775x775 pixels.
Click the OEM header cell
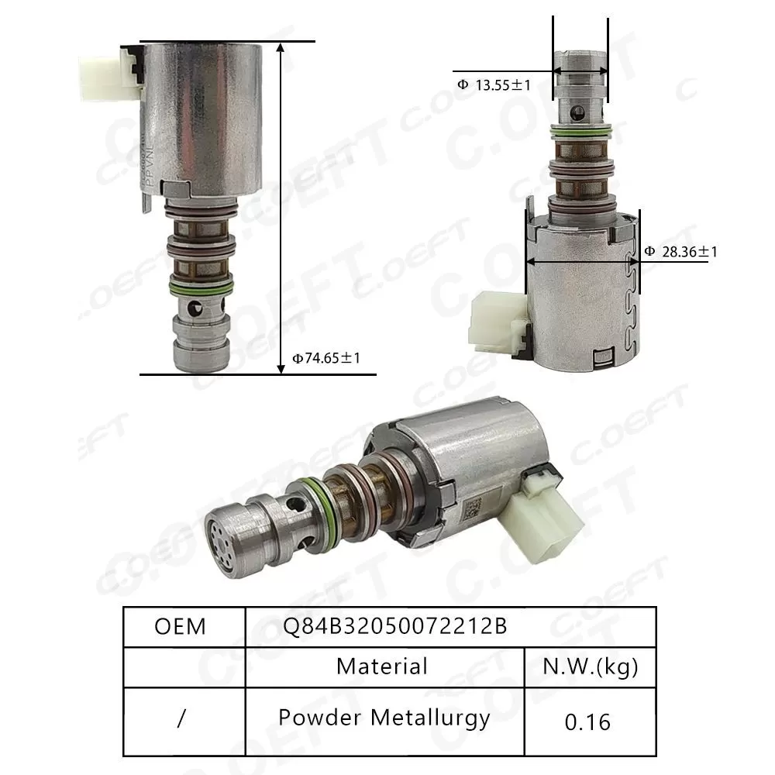click(x=181, y=625)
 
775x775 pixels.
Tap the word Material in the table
click(x=382, y=666)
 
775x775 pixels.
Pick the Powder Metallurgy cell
click(x=384, y=718)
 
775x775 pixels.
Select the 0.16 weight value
click(x=587, y=722)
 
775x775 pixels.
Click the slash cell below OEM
click(x=181, y=719)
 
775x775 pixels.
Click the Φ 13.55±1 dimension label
click(x=494, y=86)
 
